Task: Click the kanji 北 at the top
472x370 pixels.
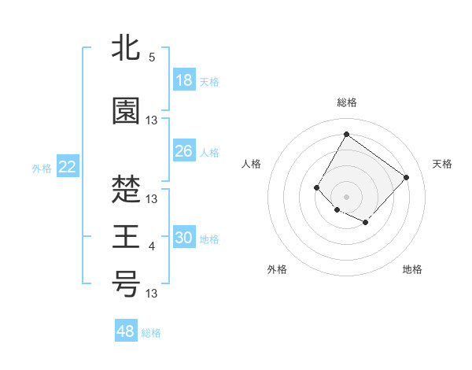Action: [126, 50]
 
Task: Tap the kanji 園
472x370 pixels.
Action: [126, 111]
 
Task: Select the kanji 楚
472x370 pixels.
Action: [126, 190]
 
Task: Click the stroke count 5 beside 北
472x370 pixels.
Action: [152, 57]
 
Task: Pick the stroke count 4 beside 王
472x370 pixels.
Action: [152, 246]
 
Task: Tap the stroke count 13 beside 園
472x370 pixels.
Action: [152, 120]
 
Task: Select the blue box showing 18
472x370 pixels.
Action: [184, 80]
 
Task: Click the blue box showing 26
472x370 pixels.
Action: [184, 151]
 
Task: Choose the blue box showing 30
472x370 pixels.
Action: [184, 238]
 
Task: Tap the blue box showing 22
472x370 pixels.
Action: [67, 167]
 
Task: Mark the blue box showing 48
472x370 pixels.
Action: [126, 331]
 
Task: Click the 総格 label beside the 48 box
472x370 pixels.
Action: [151, 333]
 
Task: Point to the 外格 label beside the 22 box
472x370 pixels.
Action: [41, 168]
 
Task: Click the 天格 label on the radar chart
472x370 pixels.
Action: [442, 164]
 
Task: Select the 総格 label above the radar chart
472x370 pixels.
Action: [346, 102]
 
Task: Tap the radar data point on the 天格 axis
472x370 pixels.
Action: [406, 177]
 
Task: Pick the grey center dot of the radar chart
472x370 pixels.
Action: [346, 196]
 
